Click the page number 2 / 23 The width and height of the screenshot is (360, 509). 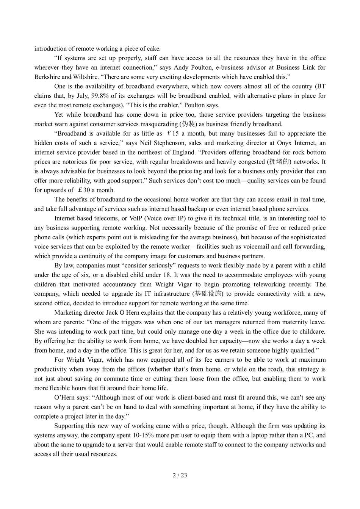tap(180, 475)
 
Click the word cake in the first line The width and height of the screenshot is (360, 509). tap(153, 48)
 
